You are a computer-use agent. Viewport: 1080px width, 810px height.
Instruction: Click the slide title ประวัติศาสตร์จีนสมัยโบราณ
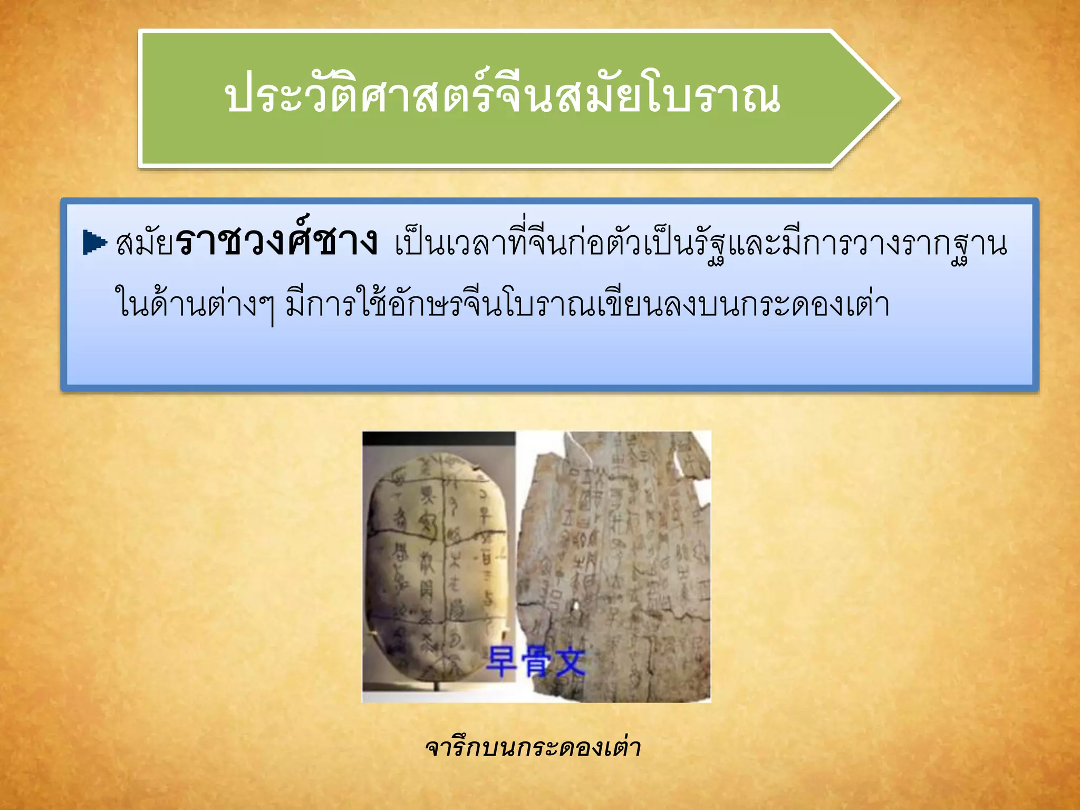click(x=502, y=98)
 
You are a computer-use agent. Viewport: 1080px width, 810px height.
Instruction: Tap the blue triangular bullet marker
click(x=94, y=243)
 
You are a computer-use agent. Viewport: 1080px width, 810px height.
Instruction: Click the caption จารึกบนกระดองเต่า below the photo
click(x=533, y=748)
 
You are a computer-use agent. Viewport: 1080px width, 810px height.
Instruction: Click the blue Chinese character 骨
click(x=535, y=662)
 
